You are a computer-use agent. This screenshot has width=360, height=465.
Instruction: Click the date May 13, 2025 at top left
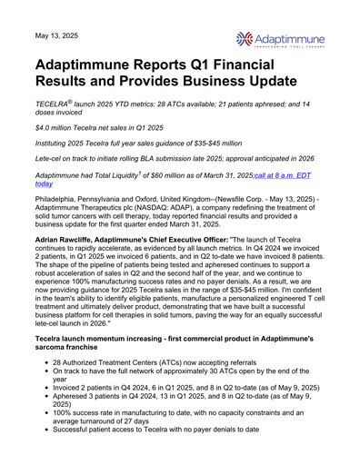56,35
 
